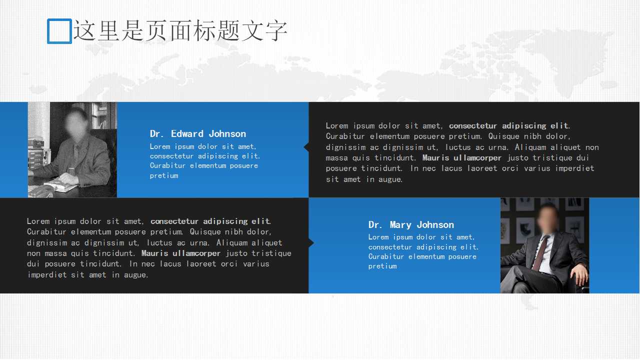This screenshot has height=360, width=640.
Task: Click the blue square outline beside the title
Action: point(59,31)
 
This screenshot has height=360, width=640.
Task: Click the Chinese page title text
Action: point(180,30)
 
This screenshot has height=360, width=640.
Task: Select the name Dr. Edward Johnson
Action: point(198,133)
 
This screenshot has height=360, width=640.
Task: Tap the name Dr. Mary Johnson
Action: point(411,224)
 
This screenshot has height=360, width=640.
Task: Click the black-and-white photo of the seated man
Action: point(72,149)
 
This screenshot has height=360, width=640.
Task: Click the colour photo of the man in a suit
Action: point(544,245)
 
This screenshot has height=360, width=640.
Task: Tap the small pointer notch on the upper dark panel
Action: point(306,147)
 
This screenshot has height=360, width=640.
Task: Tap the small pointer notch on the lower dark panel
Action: point(311,243)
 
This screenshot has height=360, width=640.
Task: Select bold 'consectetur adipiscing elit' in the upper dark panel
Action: point(508,125)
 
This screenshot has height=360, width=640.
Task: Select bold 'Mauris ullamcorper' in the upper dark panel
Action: point(462,158)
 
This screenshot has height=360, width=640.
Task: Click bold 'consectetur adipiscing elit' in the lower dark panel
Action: point(210,221)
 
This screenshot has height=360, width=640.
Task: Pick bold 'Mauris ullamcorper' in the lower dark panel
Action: point(181,253)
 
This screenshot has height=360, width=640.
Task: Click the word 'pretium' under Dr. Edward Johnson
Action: point(164,175)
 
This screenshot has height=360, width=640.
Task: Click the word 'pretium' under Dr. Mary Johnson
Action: point(382,266)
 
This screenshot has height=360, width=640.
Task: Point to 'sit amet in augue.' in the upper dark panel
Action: point(364,179)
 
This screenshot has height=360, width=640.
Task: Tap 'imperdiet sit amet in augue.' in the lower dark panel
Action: point(88,275)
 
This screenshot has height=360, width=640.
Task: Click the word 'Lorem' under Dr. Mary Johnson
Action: point(378,237)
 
